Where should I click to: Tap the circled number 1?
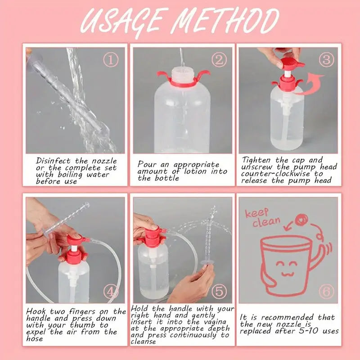(111, 59)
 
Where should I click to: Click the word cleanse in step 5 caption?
(144, 342)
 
